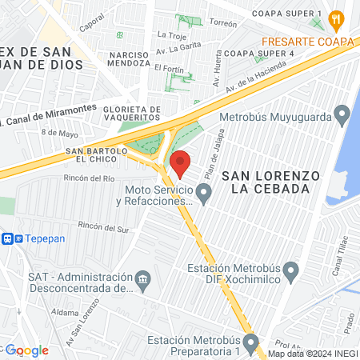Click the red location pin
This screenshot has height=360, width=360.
[180, 162]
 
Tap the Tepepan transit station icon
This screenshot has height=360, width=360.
[8, 238]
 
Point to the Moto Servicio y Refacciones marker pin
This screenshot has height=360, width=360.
[204, 192]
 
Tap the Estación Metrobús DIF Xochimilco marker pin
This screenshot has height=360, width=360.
[293, 272]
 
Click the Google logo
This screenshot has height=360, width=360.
[27, 350]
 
